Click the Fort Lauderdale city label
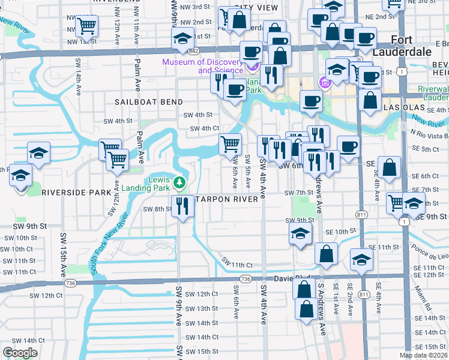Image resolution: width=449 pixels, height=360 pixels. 411,46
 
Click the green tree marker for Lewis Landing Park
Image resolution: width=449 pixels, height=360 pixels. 179,182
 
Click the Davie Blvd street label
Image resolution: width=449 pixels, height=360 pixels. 294,278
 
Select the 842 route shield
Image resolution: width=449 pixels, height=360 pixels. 193,52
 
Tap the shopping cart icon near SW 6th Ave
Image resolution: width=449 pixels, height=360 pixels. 230,144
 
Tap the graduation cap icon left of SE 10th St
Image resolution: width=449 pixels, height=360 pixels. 300,233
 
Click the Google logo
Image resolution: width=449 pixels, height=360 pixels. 20,353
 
